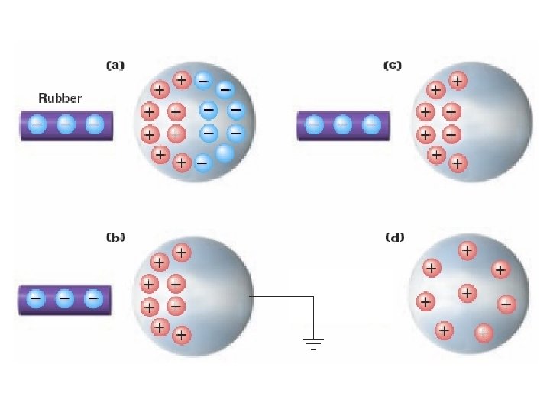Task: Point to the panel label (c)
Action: tap(391, 66)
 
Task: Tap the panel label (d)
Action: tap(394, 237)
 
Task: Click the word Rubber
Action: tap(60, 98)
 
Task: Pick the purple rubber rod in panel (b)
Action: tap(65, 300)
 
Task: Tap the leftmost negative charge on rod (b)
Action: tap(35, 299)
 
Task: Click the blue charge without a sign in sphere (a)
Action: tap(225, 153)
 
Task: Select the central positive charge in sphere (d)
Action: tap(467, 292)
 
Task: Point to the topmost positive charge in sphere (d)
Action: tap(467, 250)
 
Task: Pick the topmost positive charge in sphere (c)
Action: tap(458, 80)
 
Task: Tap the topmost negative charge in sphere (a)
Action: tap(203, 79)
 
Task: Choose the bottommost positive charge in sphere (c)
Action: tap(457, 163)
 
